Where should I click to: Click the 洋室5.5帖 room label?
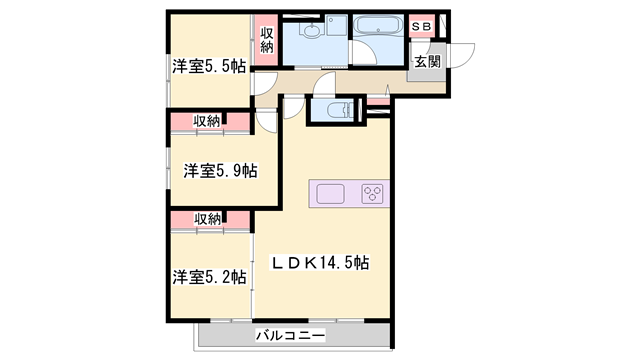(x=208, y=67)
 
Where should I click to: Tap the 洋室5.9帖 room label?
(x=220, y=171)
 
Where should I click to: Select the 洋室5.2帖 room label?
(x=208, y=276)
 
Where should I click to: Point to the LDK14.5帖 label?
(x=322, y=263)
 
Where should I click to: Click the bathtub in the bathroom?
(x=377, y=28)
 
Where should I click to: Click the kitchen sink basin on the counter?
(x=331, y=193)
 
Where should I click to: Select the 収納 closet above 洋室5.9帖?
(x=207, y=122)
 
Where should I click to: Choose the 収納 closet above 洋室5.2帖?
(x=207, y=219)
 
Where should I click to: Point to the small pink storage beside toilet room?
(x=377, y=103)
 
